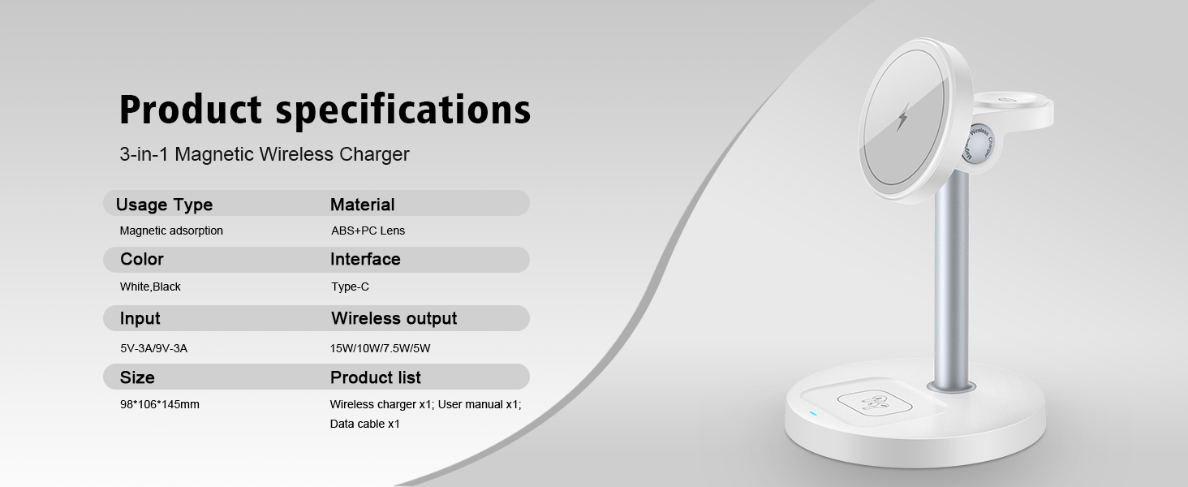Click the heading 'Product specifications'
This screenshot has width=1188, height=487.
(x=325, y=110)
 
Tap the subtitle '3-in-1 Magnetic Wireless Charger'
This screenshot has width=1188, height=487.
(x=265, y=154)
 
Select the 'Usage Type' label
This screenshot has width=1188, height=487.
(x=164, y=205)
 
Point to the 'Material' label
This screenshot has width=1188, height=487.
(x=362, y=205)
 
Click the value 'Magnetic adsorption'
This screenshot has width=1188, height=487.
(x=171, y=231)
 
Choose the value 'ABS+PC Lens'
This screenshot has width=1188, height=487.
(x=368, y=231)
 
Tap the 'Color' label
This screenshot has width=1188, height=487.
(x=142, y=260)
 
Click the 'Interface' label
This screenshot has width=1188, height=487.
(x=365, y=260)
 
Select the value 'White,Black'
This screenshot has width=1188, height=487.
(x=150, y=287)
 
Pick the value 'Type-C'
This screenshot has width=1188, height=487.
(x=350, y=287)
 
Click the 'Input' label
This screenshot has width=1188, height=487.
(x=140, y=318)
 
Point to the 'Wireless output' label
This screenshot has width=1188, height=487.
(x=394, y=318)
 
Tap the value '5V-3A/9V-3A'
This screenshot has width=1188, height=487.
(x=153, y=348)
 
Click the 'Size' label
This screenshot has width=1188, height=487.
(x=137, y=377)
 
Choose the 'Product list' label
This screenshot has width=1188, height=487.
(x=375, y=377)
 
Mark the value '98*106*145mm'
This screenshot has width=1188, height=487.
(x=159, y=404)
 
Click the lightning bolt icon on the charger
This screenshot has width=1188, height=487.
(x=902, y=119)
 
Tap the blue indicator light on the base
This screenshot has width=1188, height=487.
(x=812, y=413)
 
